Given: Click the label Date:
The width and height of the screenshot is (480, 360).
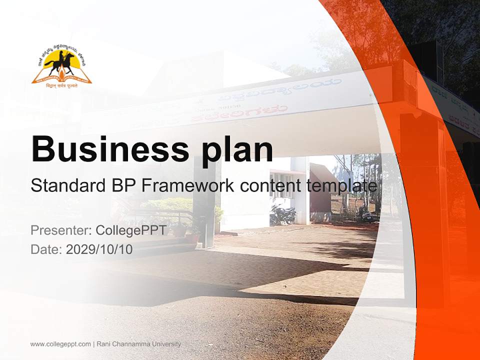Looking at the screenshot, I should click(46, 249).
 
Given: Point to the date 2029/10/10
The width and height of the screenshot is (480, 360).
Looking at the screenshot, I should click(99, 249).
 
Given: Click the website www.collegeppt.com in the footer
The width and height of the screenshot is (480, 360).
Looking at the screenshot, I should click(60, 344).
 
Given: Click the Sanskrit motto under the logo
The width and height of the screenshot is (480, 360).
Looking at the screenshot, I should click(61, 85).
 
